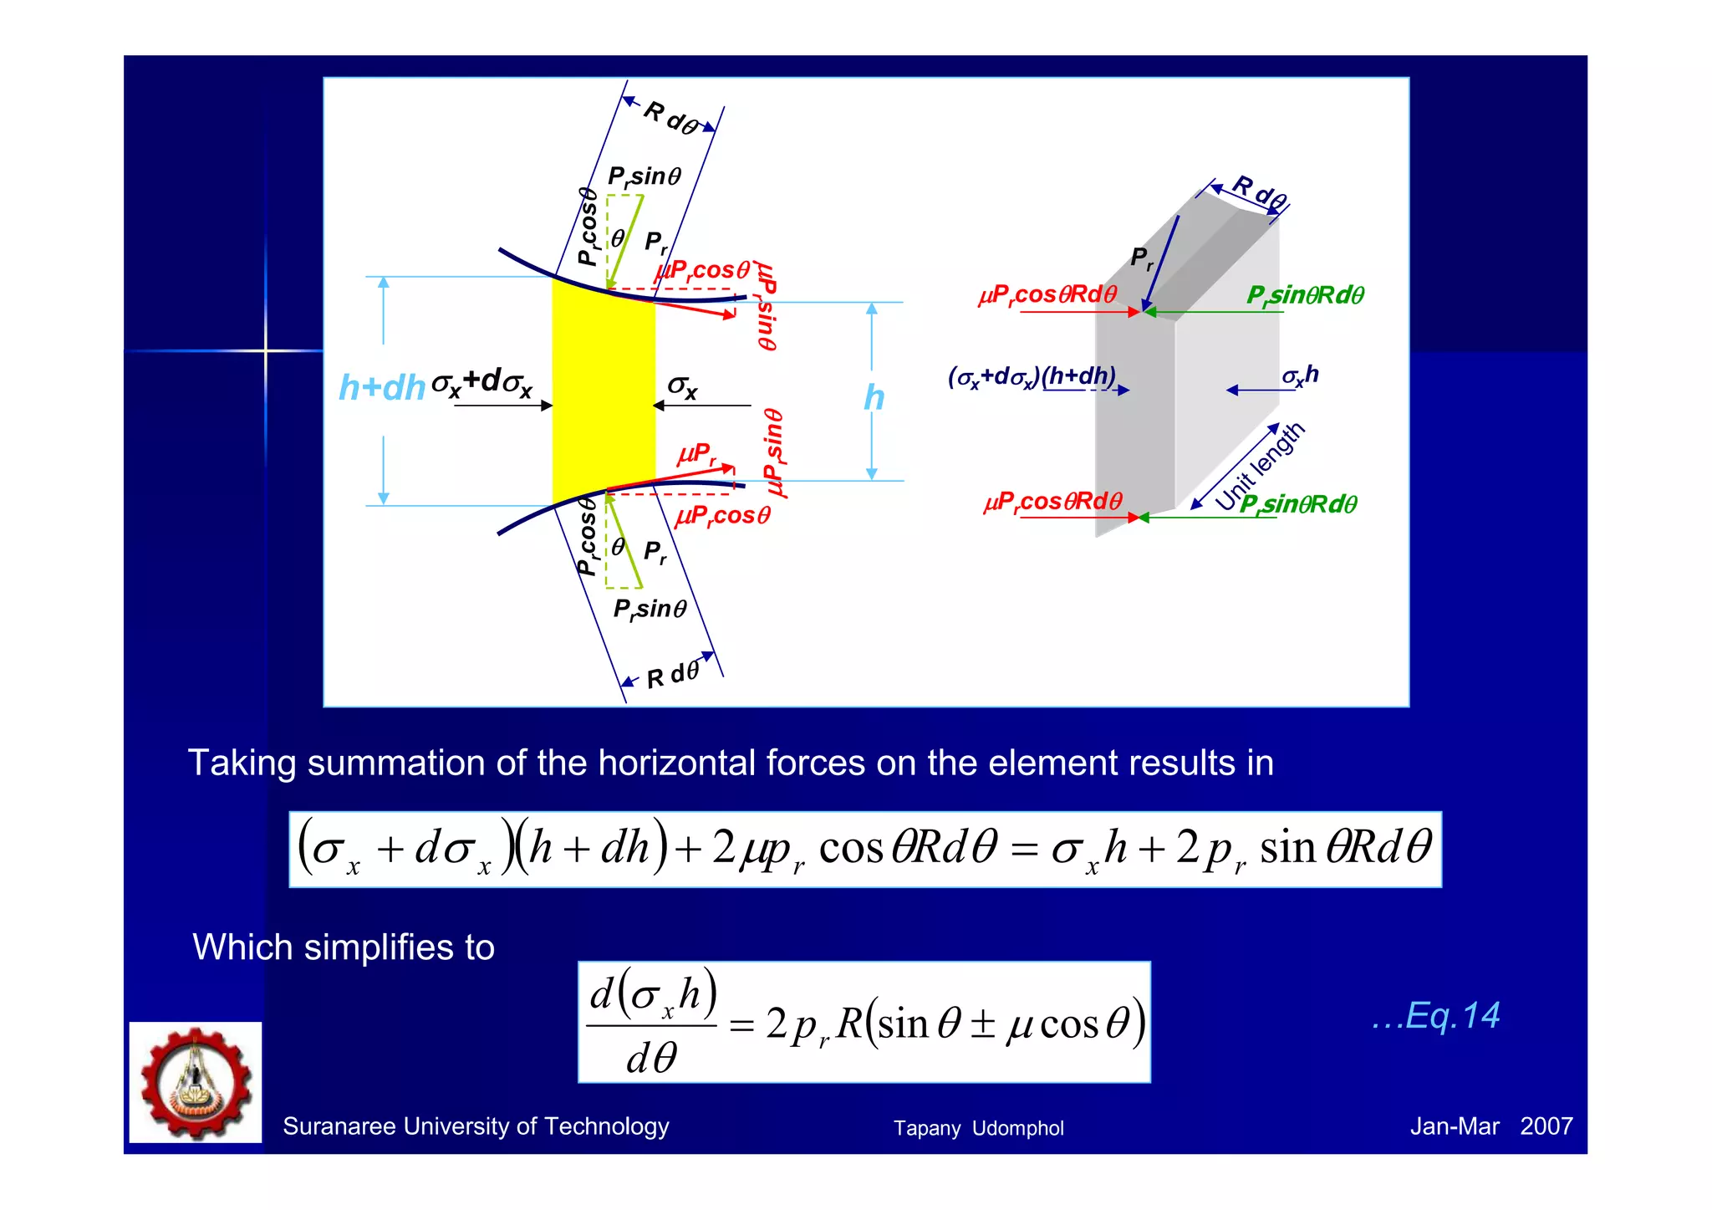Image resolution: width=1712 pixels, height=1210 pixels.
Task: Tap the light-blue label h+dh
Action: click(x=382, y=387)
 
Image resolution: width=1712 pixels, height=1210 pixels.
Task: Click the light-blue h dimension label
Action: click(x=874, y=397)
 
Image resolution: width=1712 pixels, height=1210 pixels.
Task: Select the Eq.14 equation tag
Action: click(x=1436, y=1015)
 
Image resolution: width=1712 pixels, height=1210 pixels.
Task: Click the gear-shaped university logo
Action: click(x=196, y=1082)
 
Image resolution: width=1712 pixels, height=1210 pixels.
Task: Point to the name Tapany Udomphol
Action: click(x=978, y=1128)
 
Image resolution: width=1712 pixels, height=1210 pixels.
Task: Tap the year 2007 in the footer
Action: click(x=1546, y=1126)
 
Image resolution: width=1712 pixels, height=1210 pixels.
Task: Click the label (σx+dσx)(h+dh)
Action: click(x=1032, y=376)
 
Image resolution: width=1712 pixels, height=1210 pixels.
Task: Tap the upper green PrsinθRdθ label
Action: click(x=1305, y=295)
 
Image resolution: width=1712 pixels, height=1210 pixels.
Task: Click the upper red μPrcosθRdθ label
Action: click(x=1047, y=295)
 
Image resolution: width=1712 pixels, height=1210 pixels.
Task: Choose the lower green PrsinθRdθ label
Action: click(x=1298, y=504)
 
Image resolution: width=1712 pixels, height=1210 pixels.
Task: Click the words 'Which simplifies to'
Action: click(x=344, y=947)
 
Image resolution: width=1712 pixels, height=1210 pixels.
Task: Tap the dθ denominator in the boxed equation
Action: click(x=651, y=1058)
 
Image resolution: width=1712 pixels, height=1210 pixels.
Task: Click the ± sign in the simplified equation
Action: click(x=982, y=1024)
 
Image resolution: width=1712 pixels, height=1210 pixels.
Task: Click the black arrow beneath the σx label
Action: click(x=701, y=406)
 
